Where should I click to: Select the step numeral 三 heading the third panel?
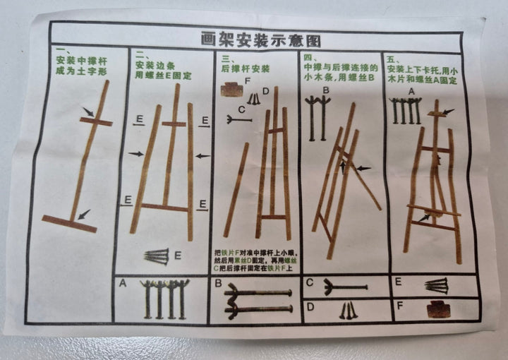[x=224, y=60]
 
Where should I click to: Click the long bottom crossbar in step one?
[x=68, y=224]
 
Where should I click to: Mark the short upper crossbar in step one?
[x=96, y=122]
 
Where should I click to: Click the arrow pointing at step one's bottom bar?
[x=84, y=214]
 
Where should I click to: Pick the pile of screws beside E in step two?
[x=157, y=256]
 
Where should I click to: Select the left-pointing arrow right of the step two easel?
[x=202, y=155]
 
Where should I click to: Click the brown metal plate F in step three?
[x=229, y=90]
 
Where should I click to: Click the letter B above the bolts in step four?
[x=326, y=90]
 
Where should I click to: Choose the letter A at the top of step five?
[x=411, y=90]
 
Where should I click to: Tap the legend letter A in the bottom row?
[x=123, y=284]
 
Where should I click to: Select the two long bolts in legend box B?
[x=258, y=301]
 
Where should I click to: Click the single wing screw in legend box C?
[x=344, y=287]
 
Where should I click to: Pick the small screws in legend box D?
[x=348, y=309]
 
